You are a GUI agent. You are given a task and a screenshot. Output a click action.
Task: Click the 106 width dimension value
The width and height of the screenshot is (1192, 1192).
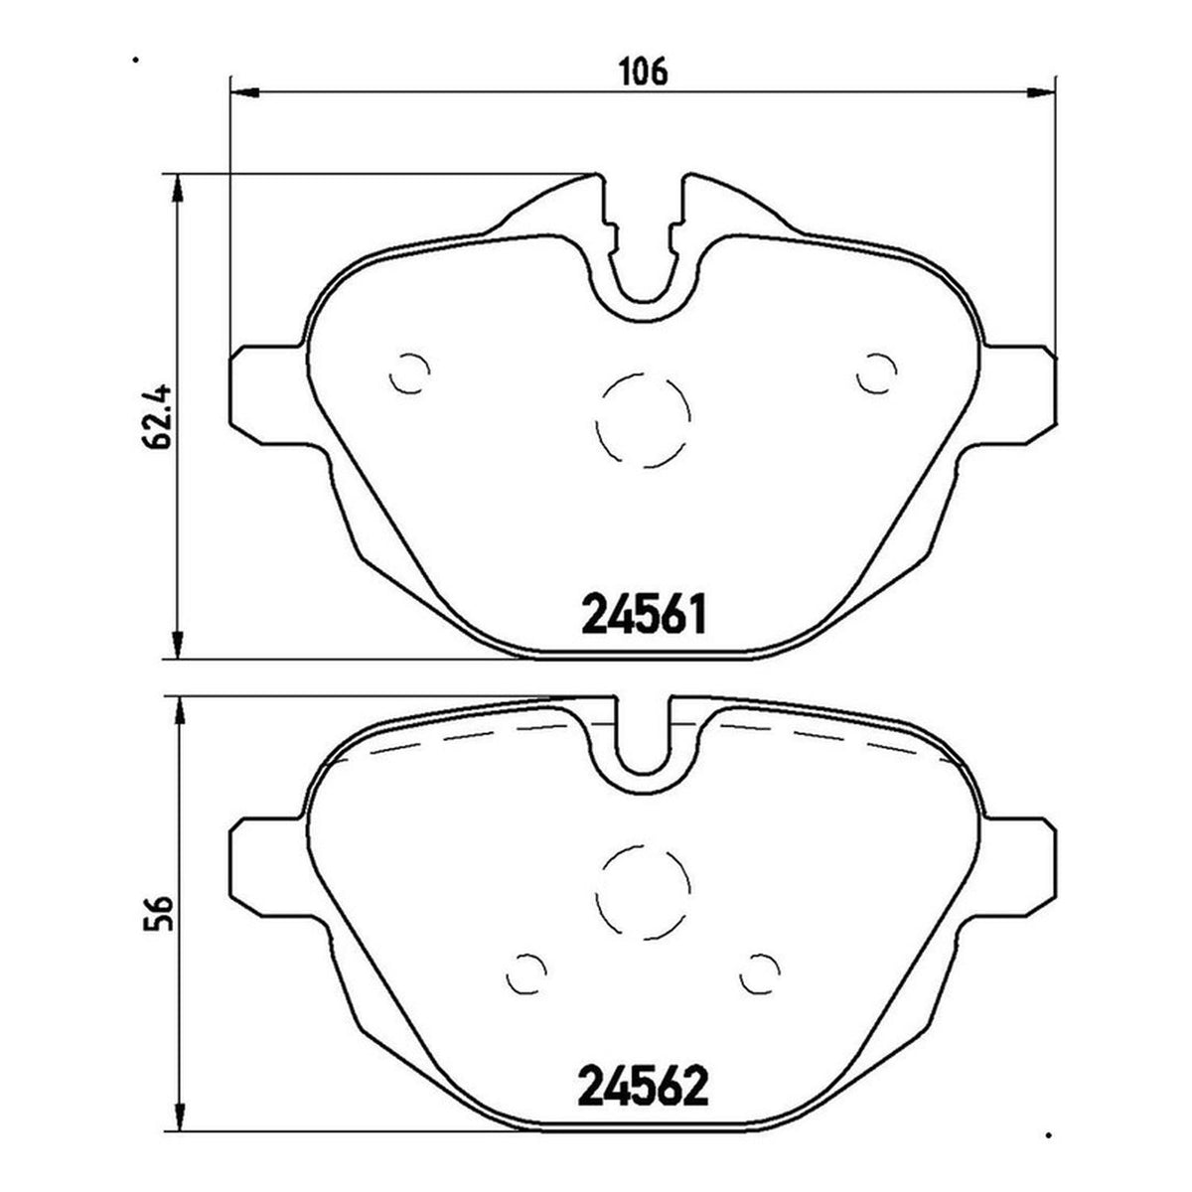click(644, 73)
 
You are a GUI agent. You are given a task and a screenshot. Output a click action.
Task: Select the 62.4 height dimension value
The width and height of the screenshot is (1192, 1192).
click(155, 417)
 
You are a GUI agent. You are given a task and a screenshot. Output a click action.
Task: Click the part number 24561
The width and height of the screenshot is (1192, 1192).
click(644, 614)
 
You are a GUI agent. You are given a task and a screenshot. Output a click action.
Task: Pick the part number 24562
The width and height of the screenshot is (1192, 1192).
click(644, 1035)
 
